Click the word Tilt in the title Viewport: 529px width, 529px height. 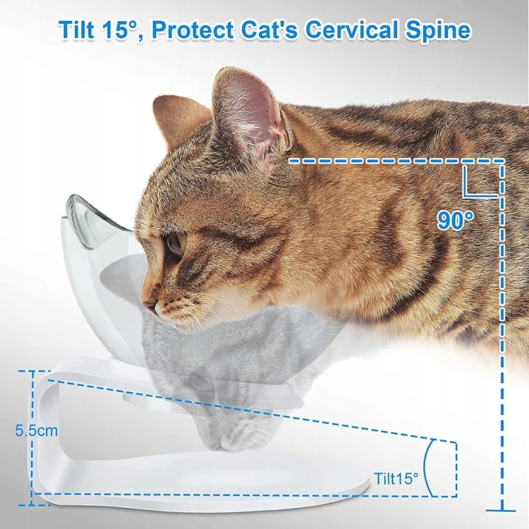pos(76,30)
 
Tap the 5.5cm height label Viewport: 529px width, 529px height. pos(37,430)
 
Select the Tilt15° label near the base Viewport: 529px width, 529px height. pos(396,478)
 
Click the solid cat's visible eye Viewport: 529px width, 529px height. pos(175,243)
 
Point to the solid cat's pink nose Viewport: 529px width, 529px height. pos(150,306)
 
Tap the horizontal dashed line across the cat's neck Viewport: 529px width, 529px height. pos(396,162)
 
